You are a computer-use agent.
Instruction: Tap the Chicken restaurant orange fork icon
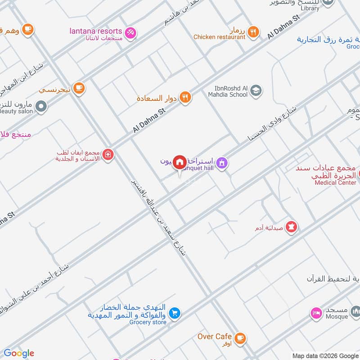point(254,31)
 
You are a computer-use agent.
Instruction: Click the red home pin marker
point(180,162)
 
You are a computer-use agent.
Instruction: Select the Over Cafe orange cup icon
point(240,337)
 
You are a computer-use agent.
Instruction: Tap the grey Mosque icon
point(355,311)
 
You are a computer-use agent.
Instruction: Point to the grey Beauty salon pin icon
point(41,107)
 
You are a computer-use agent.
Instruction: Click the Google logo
point(19,353)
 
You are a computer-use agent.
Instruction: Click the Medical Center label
point(335,183)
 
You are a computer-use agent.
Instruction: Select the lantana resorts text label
point(96,31)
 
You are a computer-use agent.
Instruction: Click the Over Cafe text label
point(215,336)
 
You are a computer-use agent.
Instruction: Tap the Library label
point(310,8)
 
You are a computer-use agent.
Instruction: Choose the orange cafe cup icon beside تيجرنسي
point(79,88)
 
